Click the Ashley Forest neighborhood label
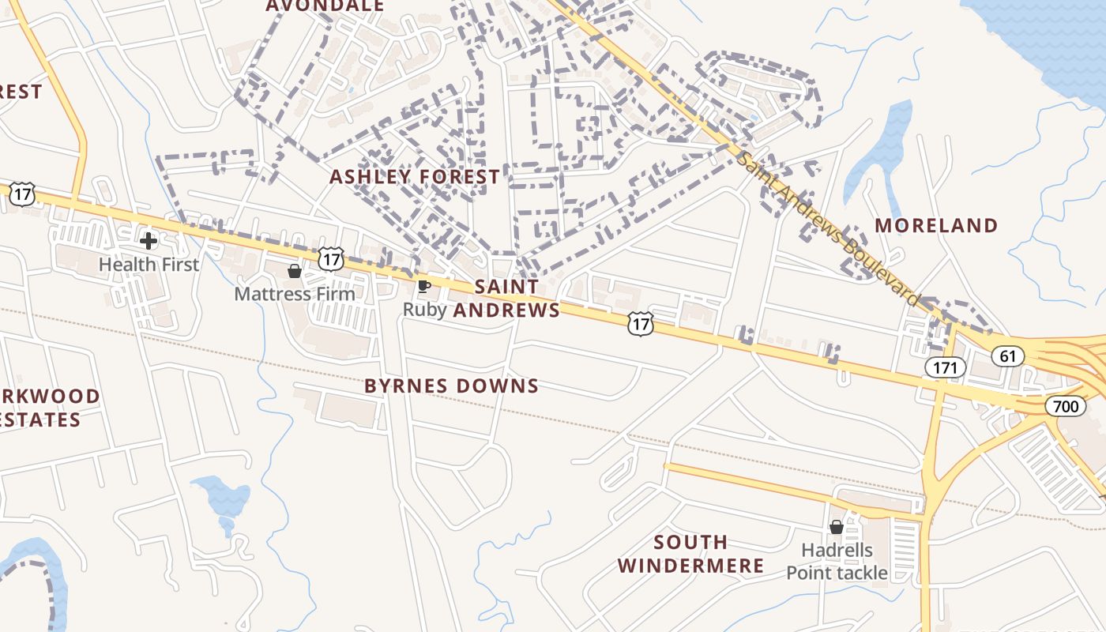tap(415, 177)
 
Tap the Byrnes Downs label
tap(451, 386)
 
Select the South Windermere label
tap(690, 554)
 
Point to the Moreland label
tap(936, 226)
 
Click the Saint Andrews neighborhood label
tap(506, 299)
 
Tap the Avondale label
tap(325, 6)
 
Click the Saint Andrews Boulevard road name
tap(829, 228)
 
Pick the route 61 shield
tap(1007, 356)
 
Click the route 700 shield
tap(1065, 407)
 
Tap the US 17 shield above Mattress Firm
tap(332, 258)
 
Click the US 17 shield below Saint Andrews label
tap(641, 323)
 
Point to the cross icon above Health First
tap(148, 240)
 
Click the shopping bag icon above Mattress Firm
tap(295, 271)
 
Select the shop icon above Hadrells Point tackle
tap(837, 527)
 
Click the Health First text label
tap(149, 265)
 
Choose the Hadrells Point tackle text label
tap(837, 561)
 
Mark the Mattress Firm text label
tap(295, 294)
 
